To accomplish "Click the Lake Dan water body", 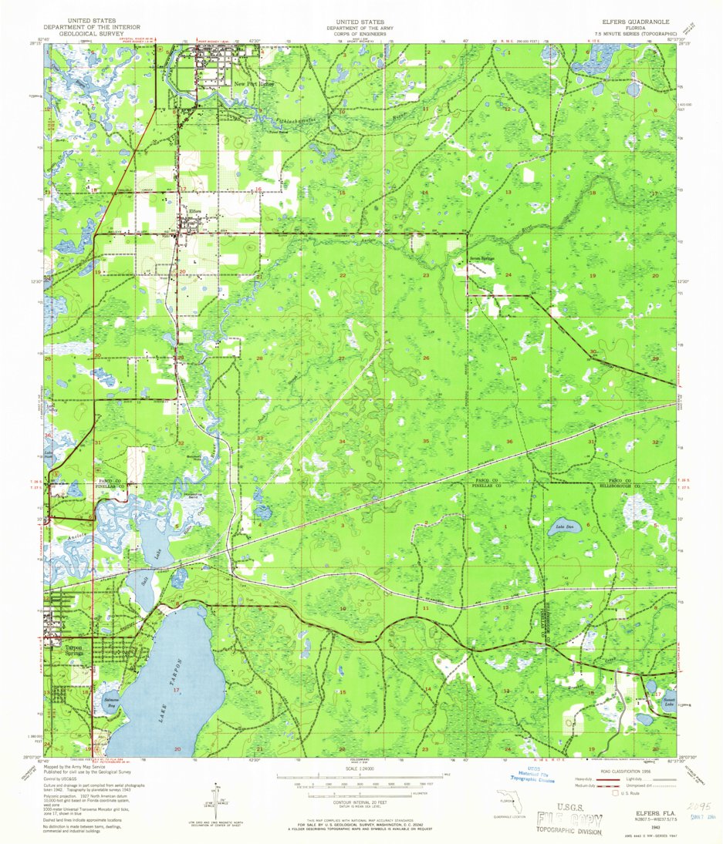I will click(x=566, y=529).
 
